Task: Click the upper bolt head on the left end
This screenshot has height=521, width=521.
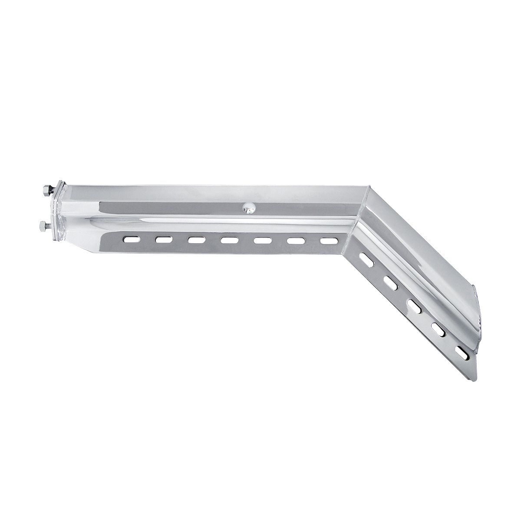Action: click(44, 190)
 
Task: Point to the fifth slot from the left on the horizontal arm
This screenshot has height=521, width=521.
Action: click(260, 239)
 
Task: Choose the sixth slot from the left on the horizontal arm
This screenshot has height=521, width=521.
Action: click(293, 240)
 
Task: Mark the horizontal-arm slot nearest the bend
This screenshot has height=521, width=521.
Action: click(327, 240)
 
